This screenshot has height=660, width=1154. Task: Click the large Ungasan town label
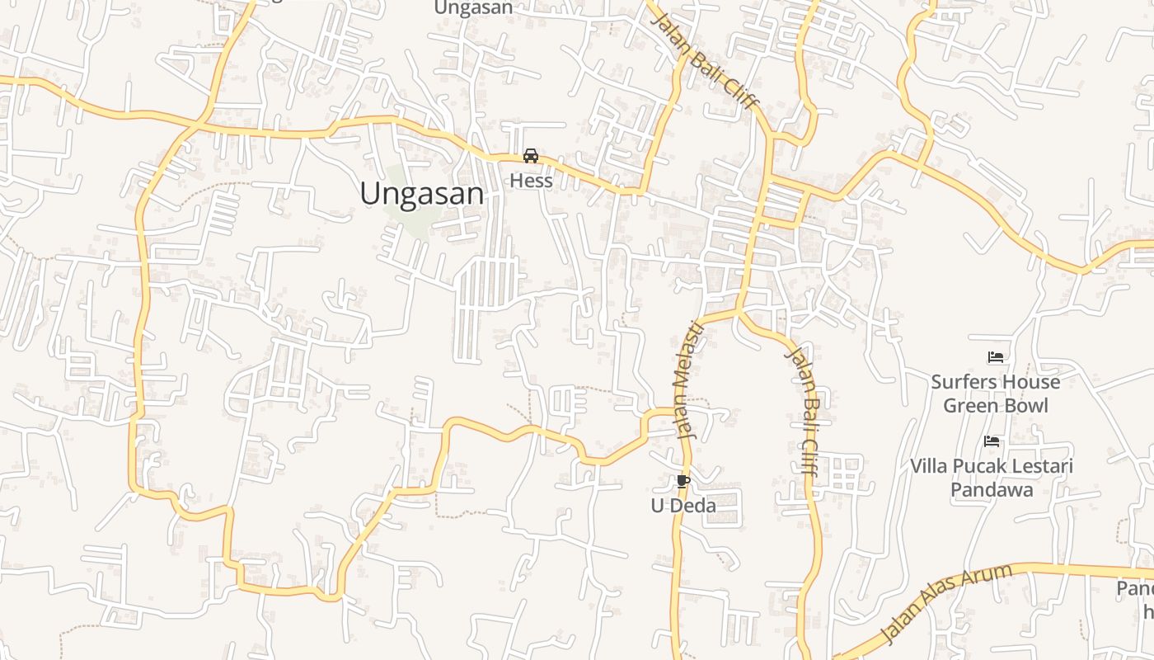click(x=421, y=194)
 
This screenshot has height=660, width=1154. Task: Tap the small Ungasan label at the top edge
click(x=473, y=8)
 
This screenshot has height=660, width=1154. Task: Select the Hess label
click(x=531, y=180)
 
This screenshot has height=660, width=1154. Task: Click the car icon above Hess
click(x=531, y=156)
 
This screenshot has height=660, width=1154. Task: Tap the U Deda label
click(x=683, y=506)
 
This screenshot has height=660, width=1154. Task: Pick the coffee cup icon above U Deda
click(x=683, y=481)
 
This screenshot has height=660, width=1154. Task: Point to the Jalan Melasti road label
click(x=687, y=380)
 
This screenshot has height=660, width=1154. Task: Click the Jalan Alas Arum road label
click(x=947, y=603)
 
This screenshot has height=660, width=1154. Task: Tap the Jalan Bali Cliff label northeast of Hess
click(x=706, y=60)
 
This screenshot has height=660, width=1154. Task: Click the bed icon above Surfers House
click(x=996, y=357)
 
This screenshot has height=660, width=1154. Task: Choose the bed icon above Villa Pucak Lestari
click(x=992, y=441)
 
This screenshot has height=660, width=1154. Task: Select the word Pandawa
click(x=992, y=489)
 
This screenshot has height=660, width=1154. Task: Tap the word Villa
click(x=929, y=466)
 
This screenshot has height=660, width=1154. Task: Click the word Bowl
click(x=1024, y=405)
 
